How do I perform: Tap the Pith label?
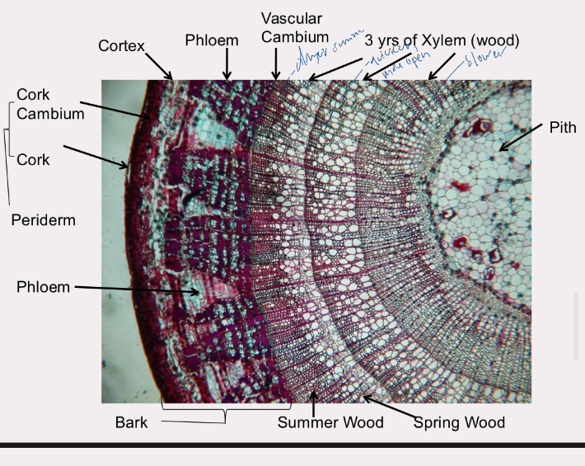pos(563,127)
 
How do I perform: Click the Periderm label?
pos(44,220)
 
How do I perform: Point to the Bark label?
pos(132,422)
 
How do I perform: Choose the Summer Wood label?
pos(330,422)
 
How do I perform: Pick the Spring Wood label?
pos(459,422)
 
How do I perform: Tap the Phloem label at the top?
pos(212,40)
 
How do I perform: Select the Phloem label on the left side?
pos(44,286)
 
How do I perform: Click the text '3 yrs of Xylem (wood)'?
pos(442,40)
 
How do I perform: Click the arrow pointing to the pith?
pos(521,138)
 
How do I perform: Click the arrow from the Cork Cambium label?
pos(115,111)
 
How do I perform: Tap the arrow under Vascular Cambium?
pos(276,64)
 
